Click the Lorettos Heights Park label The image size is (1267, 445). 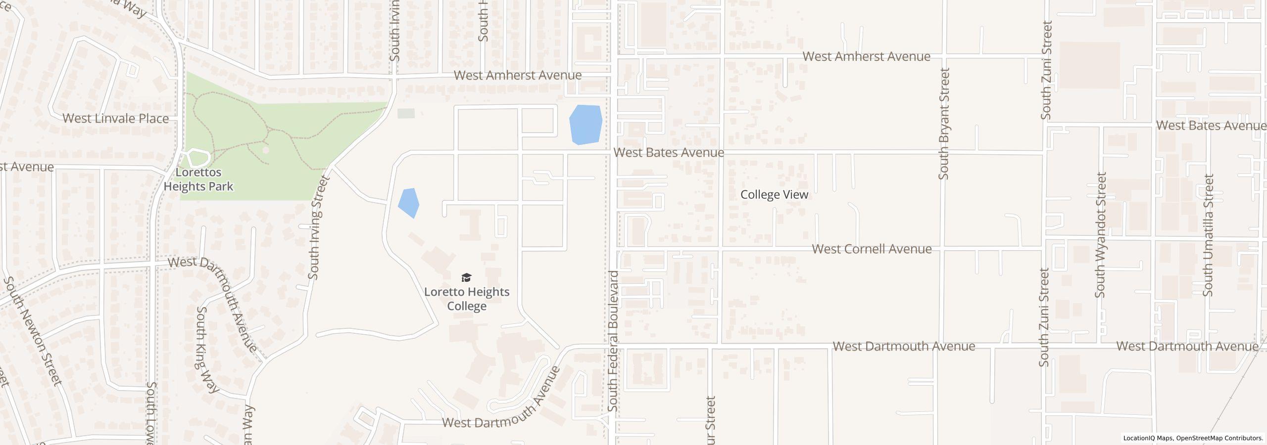[x=198, y=179]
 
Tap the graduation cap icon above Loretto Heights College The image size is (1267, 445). [x=466, y=277]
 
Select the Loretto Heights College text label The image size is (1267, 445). [x=467, y=299]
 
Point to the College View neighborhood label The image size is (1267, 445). [x=774, y=195]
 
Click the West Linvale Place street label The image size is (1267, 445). [x=116, y=119]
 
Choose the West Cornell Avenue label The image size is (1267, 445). [x=872, y=249]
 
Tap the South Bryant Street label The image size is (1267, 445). [x=944, y=124]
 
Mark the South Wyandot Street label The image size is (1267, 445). [x=1100, y=235]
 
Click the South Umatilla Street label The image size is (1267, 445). [x=1208, y=235]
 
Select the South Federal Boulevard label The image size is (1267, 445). [x=613, y=341]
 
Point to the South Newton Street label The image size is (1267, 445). [x=33, y=331]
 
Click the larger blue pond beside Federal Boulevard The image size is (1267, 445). [x=585, y=124]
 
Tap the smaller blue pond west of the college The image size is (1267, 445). [x=408, y=202]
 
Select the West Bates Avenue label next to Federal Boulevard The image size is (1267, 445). [x=669, y=153]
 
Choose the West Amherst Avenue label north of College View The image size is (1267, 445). [x=866, y=57]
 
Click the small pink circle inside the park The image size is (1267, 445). [x=266, y=149]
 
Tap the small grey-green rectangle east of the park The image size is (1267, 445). [x=406, y=114]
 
